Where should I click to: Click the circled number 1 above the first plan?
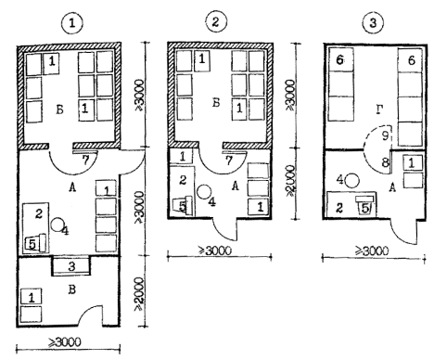coord(72,23)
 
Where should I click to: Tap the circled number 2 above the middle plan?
coord(216,21)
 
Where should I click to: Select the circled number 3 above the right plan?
coord(373,22)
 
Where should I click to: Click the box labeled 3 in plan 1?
coord(71,265)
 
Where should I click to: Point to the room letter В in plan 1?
coord(71,290)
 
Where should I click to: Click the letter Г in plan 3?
coord(380,109)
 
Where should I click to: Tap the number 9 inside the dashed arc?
coord(385,135)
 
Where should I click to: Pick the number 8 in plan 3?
coord(385,161)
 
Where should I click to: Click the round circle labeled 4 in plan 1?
coord(57,224)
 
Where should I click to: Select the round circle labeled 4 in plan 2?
coord(203,192)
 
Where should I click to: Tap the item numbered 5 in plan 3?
coord(365,206)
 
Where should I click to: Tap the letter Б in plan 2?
coord(216,102)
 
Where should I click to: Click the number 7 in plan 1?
coord(85,160)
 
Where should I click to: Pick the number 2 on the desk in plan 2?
coord(183,180)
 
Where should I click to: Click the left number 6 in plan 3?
coord(339,59)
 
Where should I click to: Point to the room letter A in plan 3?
coord(392,187)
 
